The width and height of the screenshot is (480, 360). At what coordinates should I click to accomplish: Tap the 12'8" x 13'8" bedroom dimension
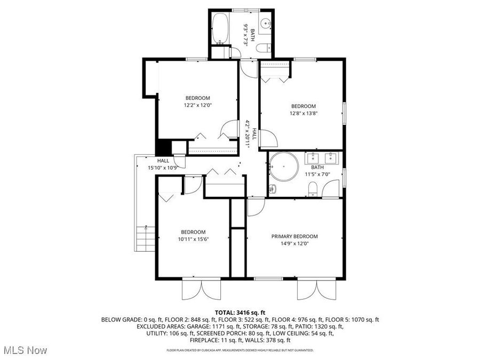click(303, 113)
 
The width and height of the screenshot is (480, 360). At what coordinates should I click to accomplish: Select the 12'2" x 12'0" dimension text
click(197, 105)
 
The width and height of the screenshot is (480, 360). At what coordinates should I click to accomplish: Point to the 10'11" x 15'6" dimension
click(193, 239)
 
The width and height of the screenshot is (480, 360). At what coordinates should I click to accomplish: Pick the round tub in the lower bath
click(283, 166)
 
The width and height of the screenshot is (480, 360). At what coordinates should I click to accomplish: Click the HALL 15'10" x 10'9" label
click(163, 164)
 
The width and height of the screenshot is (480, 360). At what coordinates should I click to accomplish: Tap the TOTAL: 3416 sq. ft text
click(240, 313)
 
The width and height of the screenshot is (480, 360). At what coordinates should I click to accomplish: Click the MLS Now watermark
click(26, 350)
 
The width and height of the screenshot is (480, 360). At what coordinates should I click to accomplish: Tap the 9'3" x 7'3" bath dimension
click(246, 36)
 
